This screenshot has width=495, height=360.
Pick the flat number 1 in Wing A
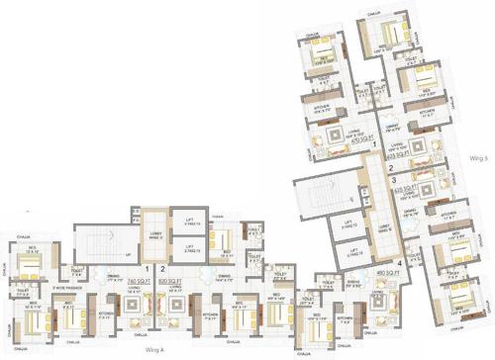click(x=148, y=268)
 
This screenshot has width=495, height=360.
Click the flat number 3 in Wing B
click(x=392, y=181)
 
